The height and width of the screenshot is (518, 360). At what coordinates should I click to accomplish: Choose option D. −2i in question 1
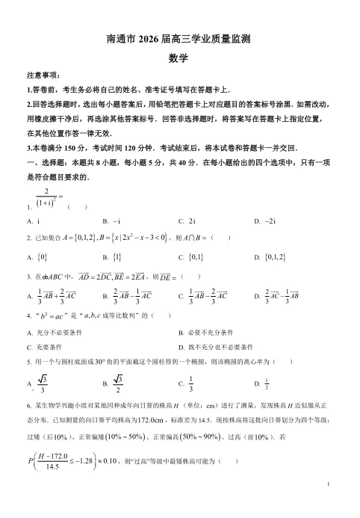pyautogui.click(x=265, y=221)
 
